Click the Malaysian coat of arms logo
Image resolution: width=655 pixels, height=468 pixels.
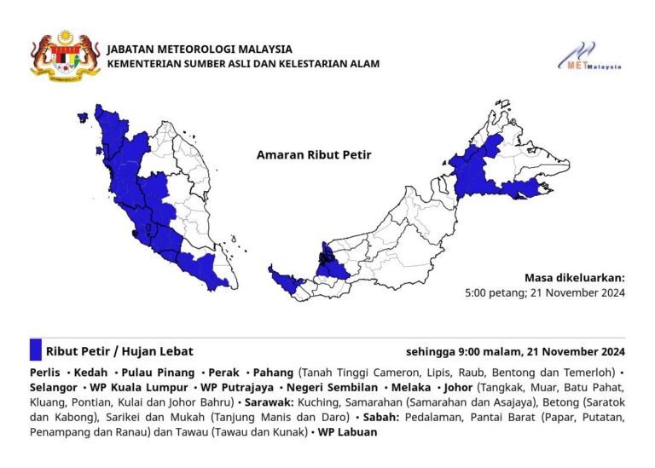click(x=60, y=55)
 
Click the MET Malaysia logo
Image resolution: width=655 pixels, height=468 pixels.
click(x=590, y=56)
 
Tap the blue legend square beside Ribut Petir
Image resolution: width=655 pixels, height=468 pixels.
click(x=35, y=350)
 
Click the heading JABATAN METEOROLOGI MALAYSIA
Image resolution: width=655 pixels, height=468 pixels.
click(x=200, y=49)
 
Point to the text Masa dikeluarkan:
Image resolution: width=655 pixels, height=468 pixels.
click(x=575, y=278)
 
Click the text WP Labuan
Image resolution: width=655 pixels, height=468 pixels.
click(x=349, y=432)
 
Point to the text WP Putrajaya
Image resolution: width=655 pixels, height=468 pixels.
click(x=235, y=388)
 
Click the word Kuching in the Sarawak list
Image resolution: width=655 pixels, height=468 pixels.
click(x=327, y=403)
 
